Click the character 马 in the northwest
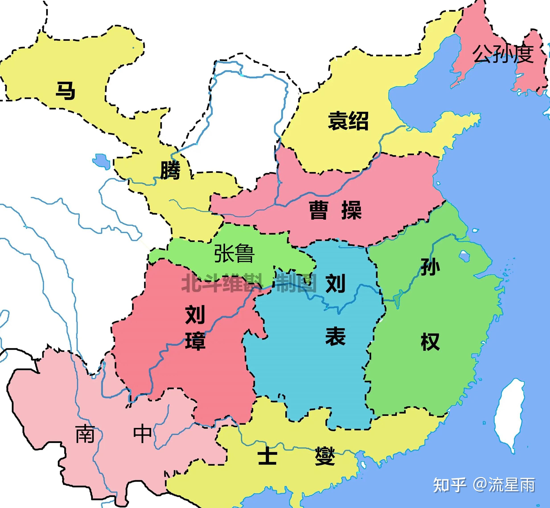[65, 91]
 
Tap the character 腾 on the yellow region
[170, 170]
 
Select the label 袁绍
[348, 121]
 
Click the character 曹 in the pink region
[319, 210]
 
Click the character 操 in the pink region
[351, 210]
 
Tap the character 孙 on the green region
[430, 267]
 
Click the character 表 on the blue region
[335, 337]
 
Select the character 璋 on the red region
[195, 341]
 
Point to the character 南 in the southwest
[85, 434]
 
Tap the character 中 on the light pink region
[142, 434]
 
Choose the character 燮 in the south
[325, 456]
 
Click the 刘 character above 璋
[195, 315]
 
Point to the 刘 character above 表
[335, 283]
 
